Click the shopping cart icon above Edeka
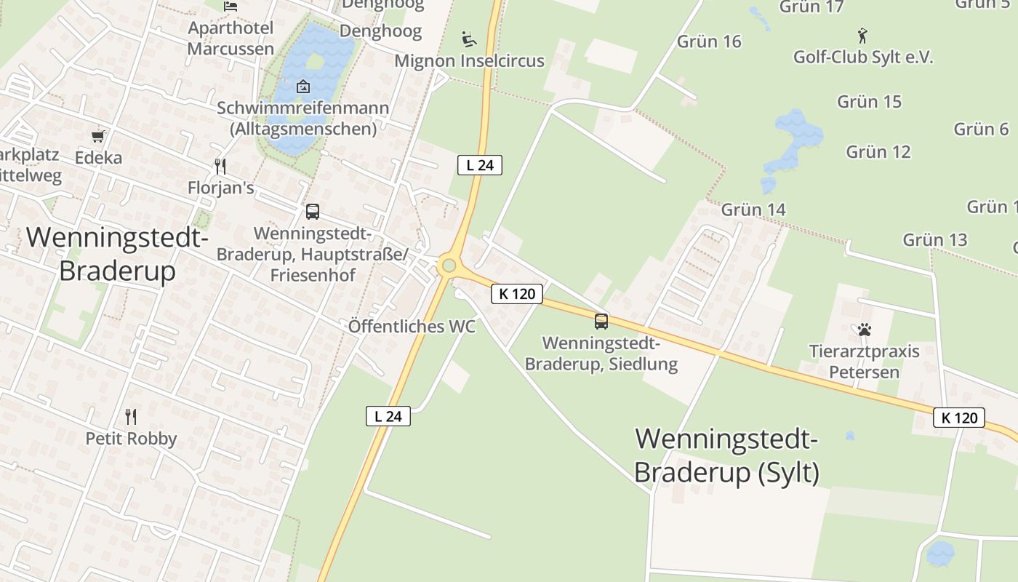(x=98, y=136)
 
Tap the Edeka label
(x=98, y=158)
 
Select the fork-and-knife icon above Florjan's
(x=220, y=167)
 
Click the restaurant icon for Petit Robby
(x=131, y=417)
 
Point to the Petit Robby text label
(x=131, y=439)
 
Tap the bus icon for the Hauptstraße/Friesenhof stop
(x=313, y=212)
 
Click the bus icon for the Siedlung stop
(x=601, y=321)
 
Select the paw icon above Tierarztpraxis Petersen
(x=864, y=330)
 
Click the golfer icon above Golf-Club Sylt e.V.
(x=862, y=35)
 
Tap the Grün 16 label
(x=709, y=41)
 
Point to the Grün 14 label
(x=753, y=210)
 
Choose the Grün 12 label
(x=878, y=152)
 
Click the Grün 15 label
(x=869, y=102)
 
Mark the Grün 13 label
(x=935, y=239)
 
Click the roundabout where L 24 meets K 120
(x=449, y=266)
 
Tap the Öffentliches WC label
(x=412, y=326)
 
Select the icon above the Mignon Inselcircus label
(x=469, y=39)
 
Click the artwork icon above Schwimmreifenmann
(x=302, y=87)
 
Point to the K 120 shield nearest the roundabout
(x=517, y=294)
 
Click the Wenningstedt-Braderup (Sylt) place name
(x=726, y=455)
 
